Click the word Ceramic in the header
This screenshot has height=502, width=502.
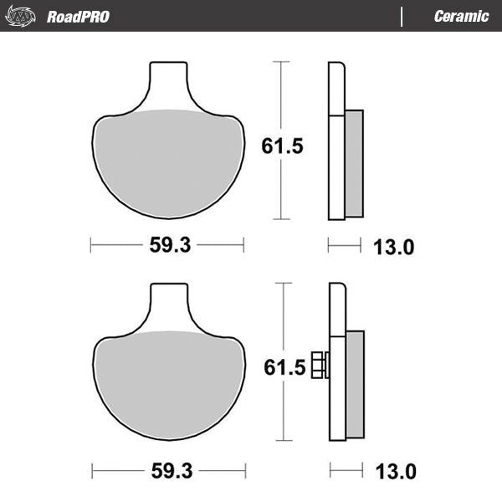[461, 16]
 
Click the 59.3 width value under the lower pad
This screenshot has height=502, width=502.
[170, 471]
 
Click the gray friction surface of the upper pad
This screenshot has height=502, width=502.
[167, 163]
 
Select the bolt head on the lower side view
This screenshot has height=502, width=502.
[319, 365]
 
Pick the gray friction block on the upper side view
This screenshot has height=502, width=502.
[353, 163]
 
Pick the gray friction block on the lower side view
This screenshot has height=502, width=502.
[355, 385]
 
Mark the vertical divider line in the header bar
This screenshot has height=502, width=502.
[403, 16]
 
